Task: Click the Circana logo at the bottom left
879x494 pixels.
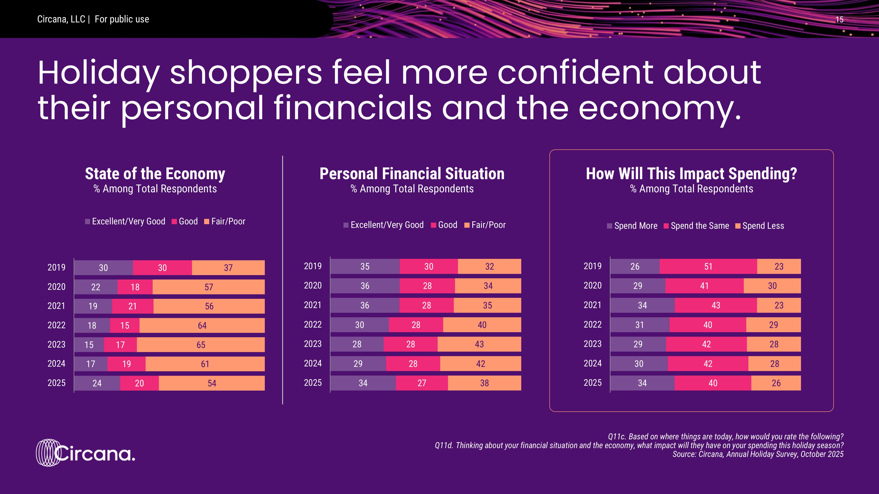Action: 85,453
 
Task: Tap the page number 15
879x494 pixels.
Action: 839,20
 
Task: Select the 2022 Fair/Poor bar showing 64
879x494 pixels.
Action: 202,325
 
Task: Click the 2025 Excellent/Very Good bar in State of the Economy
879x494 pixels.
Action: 97,383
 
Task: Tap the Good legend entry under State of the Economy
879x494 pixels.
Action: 185,221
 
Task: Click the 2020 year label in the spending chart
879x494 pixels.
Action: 592,285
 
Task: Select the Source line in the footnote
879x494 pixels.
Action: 758,454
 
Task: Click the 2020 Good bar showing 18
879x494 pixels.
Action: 135,287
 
